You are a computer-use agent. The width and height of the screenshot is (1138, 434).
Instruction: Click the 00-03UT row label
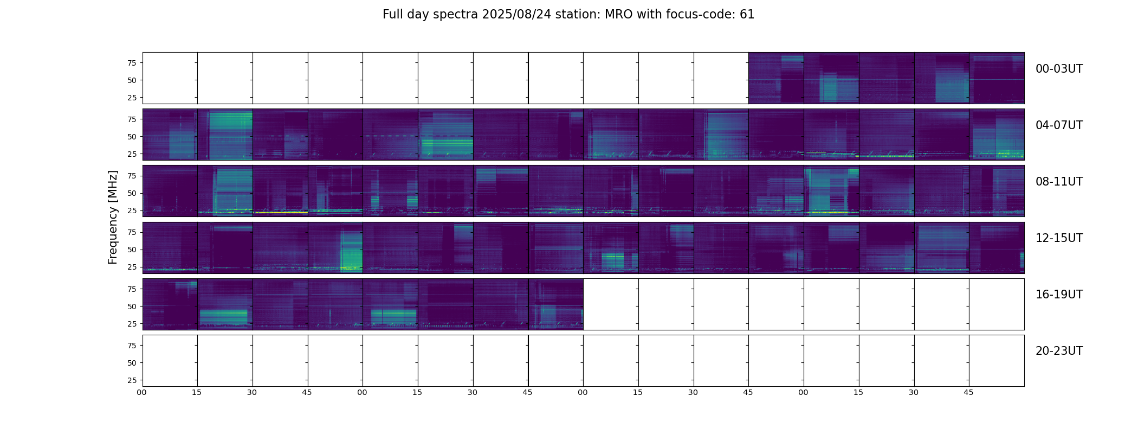[x=1058, y=69]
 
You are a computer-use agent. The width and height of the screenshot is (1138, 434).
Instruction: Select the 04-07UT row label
[x=1058, y=125]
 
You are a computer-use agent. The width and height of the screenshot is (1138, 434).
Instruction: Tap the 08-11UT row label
[x=1058, y=182]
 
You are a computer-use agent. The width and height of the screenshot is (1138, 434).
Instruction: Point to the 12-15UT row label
[x=1058, y=238]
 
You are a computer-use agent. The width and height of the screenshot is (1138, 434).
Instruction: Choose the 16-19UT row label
[x=1058, y=295]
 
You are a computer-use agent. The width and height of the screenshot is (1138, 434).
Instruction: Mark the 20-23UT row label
[x=1058, y=351]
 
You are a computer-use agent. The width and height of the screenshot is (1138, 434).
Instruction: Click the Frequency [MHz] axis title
[x=113, y=217]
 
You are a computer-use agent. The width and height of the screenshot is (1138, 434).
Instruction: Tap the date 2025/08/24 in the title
[x=515, y=15]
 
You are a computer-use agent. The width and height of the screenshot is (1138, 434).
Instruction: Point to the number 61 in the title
[x=747, y=15]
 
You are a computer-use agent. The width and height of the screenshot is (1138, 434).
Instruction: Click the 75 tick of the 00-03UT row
[x=131, y=63]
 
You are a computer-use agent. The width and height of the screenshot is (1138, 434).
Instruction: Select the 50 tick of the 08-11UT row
[x=131, y=193]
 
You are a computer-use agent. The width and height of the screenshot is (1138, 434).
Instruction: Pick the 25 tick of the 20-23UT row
[x=131, y=380]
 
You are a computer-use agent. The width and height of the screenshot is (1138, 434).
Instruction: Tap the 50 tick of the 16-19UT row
[x=131, y=307]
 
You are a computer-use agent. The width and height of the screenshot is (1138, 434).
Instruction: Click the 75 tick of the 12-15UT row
[x=131, y=232]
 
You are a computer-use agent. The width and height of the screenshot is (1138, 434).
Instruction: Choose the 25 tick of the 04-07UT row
[x=131, y=154]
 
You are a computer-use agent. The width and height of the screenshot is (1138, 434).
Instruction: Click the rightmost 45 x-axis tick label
[x=968, y=392]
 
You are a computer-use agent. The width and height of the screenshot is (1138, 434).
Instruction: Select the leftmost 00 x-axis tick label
[x=142, y=392]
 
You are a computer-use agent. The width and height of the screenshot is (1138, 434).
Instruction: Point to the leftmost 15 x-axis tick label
[x=197, y=392]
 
